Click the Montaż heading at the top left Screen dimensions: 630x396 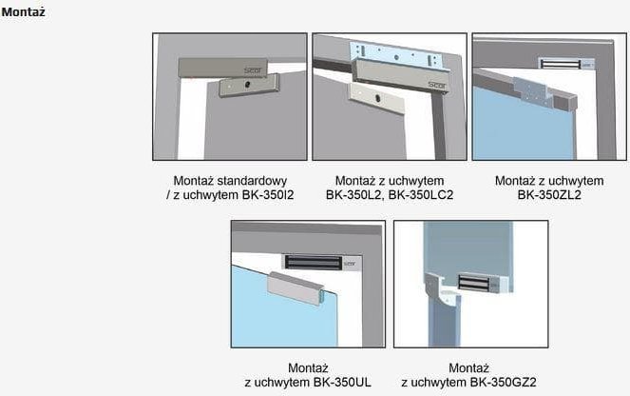pyautogui.click(x=23, y=11)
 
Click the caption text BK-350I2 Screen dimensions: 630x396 pyautogui.click(x=268, y=195)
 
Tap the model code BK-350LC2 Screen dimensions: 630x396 pyautogui.click(x=421, y=195)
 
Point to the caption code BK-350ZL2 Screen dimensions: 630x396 pyautogui.click(x=549, y=195)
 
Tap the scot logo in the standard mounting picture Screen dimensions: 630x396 pyautogui.click(x=253, y=70)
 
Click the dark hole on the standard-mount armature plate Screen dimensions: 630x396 pyautogui.click(x=247, y=85)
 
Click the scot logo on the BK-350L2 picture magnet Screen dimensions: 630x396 pyautogui.click(x=436, y=85)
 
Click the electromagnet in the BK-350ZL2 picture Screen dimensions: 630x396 pyautogui.click(x=566, y=64)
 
